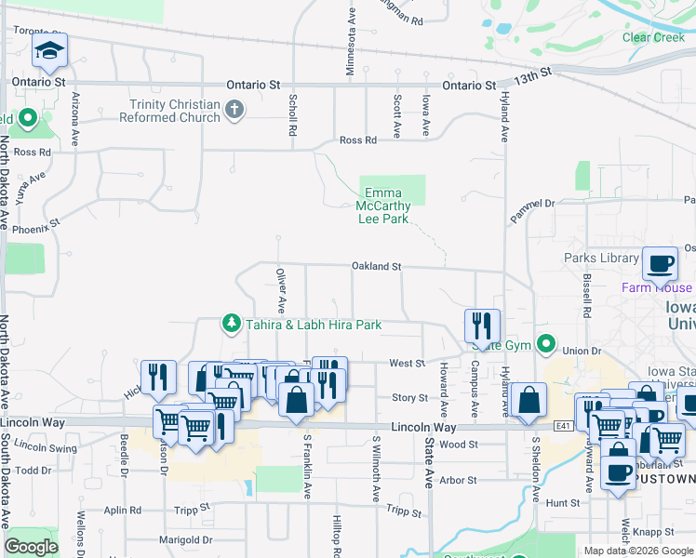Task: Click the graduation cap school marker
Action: click(49, 52)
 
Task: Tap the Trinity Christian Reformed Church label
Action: click(175, 111)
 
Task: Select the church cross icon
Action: click(234, 111)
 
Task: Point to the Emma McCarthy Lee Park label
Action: click(383, 206)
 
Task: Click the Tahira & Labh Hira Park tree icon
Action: click(230, 324)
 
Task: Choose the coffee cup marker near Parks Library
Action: click(660, 264)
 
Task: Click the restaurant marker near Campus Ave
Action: click(482, 325)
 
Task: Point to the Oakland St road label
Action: click(376, 267)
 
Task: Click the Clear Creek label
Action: click(653, 37)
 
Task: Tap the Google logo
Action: click(32, 547)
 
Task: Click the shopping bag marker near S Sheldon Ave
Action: click(528, 400)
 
